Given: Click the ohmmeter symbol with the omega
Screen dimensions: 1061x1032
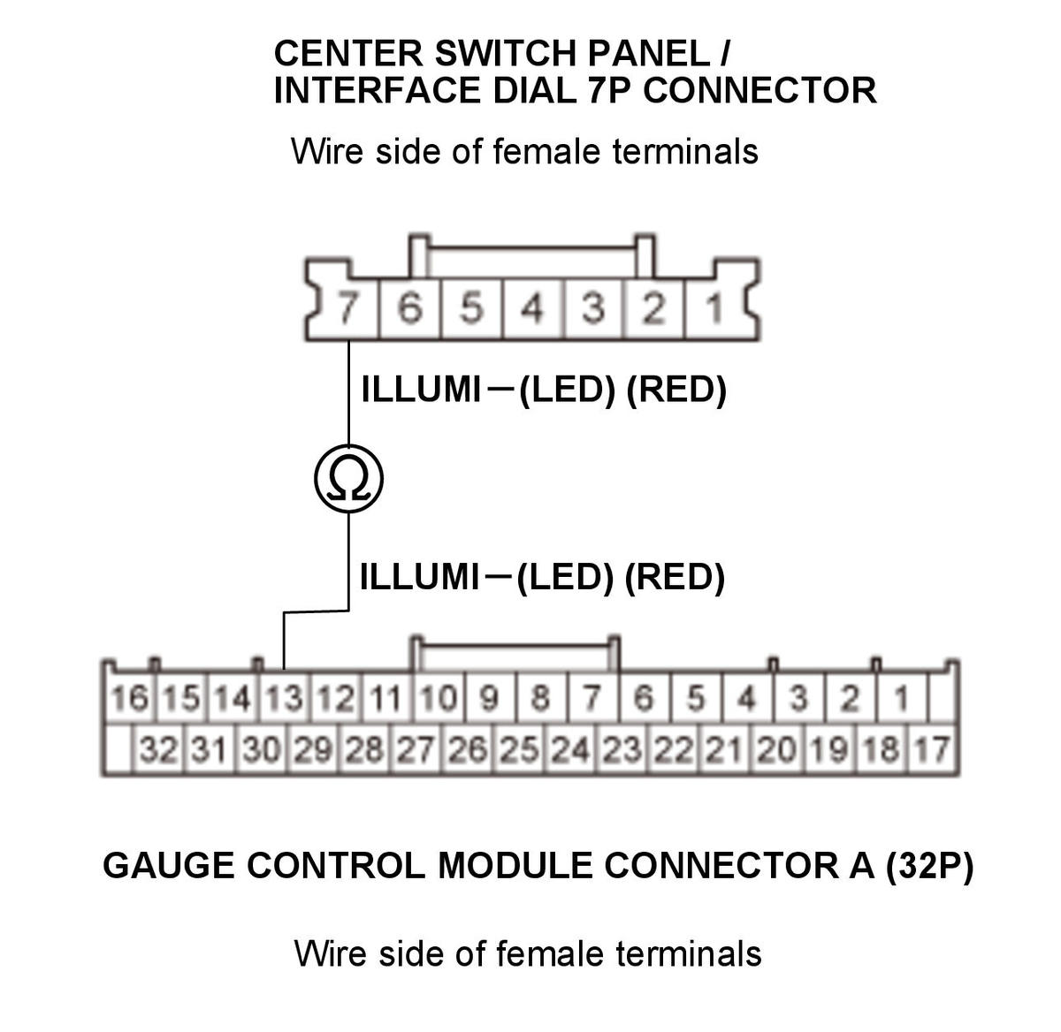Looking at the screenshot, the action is [x=348, y=478].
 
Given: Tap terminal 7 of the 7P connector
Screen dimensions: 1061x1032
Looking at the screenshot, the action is [x=347, y=307].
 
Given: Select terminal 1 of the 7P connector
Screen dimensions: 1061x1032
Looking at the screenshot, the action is [x=714, y=307].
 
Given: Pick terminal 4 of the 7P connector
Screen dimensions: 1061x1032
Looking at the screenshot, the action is [x=532, y=307].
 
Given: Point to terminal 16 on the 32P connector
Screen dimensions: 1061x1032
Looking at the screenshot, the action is [x=129, y=698].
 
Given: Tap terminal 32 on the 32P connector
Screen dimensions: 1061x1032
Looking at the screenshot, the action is [x=158, y=748].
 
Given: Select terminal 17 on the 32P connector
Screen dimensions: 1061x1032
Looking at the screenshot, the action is [x=932, y=748].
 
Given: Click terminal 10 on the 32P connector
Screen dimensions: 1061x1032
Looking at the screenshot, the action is [x=439, y=698].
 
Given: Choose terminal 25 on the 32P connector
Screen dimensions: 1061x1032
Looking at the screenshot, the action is [x=519, y=748].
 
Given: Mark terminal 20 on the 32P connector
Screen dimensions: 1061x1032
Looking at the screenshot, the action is [x=777, y=748].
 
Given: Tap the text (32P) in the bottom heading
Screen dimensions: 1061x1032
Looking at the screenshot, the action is [x=929, y=866].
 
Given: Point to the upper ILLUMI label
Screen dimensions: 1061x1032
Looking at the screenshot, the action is [x=421, y=389].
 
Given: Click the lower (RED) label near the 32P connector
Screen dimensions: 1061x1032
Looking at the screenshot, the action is [x=674, y=577].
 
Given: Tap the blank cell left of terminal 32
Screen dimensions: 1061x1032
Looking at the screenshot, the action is [x=118, y=748].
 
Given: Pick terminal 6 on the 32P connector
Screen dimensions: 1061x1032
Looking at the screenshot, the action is [x=644, y=698].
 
